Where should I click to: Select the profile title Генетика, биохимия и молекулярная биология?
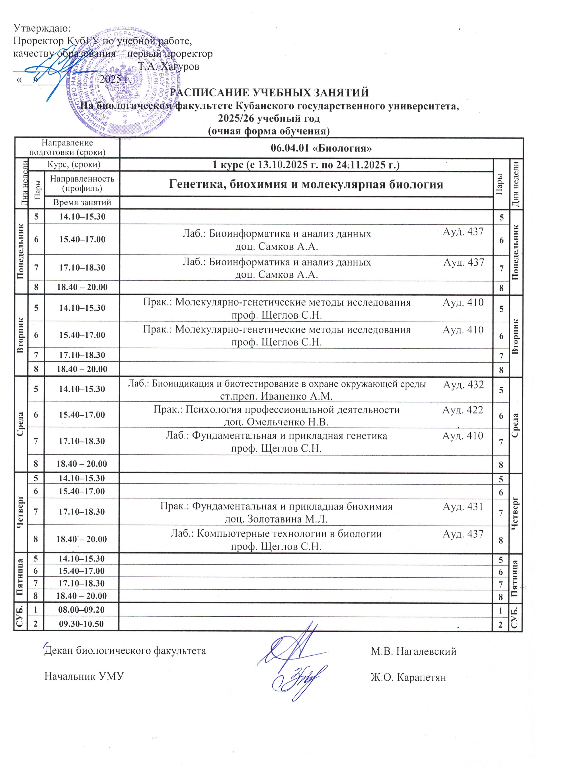point(306,185)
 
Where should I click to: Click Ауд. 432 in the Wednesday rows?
point(463,385)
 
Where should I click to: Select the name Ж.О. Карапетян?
point(408,677)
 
